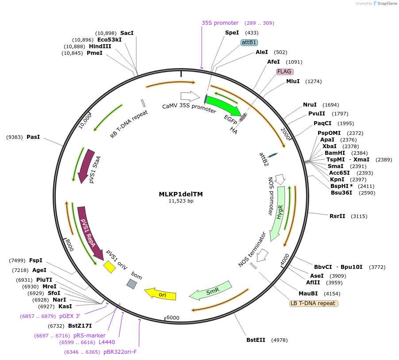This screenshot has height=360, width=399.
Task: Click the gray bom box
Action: pyautogui.click(x=131, y=284)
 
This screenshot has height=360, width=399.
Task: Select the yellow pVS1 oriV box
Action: pyautogui.click(x=109, y=267)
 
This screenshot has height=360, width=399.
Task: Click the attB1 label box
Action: pyautogui.click(x=249, y=42)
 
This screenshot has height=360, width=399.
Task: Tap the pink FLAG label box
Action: pyautogui.click(x=284, y=72)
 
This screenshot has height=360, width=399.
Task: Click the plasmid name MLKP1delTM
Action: pyautogui.click(x=181, y=194)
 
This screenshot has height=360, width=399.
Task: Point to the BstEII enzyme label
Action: pyautogui.click(x=256, y=340)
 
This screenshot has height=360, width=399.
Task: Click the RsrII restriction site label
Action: pyautogui.click(x=338, y=216)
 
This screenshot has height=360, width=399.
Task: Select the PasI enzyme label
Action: pyautogui.click(x=33, y=137)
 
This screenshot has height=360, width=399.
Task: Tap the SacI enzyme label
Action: pyautogui.click(x=127, y=33)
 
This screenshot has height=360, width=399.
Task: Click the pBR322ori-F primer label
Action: pyautogui.click(x=120, y=352)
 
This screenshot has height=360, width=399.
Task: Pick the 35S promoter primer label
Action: pyautogui.click(x=220, y=23)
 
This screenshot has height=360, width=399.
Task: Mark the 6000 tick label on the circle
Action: pyautogui.click(x=173, y=318)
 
